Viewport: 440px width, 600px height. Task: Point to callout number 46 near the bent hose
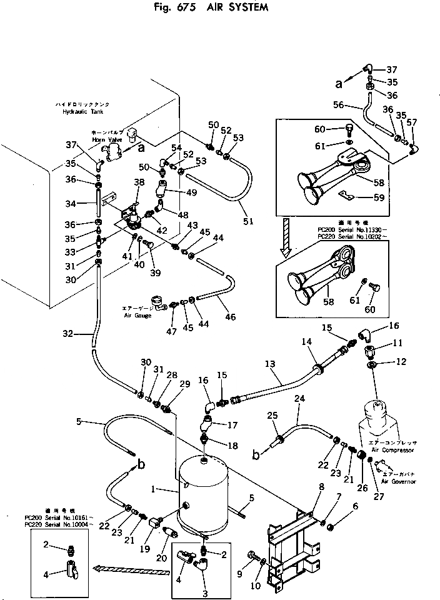click(231, 317)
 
